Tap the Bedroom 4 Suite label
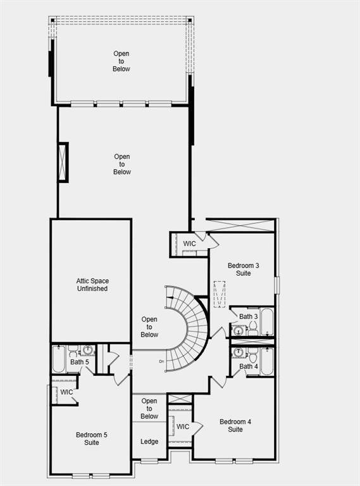point(235,425)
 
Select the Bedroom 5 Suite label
point(92,439)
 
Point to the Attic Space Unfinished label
point(92,284)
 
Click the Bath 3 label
point(248,316)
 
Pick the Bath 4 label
point(248,366)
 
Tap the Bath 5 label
point(79,363)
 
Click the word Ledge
point(149,442)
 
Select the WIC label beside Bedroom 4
point(183,427)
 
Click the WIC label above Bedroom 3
point(190,244)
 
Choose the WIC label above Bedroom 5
point(66,392)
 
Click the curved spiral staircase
point(190,329)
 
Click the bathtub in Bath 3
point(267,321)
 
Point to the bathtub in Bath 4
point(267,362)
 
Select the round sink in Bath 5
point(88,350)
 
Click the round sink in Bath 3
point(239,330)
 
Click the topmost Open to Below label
point(121,61)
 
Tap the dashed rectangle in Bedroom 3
point(220,294)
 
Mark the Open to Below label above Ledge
point(149,409)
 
